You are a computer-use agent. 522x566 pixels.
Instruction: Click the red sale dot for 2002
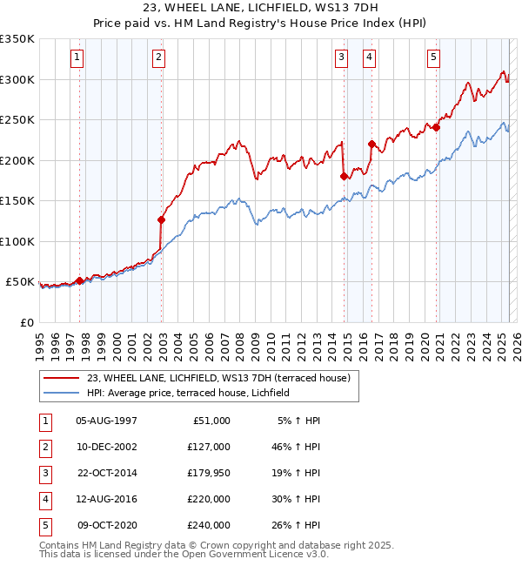click(x=161, y=219)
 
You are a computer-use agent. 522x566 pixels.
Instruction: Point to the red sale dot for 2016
click(x=371, y=145)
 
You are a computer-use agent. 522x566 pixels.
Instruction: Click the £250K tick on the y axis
click(x=17, y=120)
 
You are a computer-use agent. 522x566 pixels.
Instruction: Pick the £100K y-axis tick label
click(x=17, y=241)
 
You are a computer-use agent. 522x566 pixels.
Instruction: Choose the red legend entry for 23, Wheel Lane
click(x=218, y=378)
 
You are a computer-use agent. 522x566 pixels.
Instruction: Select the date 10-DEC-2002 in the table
click(x=107, y=447)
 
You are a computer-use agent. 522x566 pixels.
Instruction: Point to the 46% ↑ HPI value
click(x=299, y=447)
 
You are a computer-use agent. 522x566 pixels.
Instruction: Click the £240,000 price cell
click(x=210, y=525)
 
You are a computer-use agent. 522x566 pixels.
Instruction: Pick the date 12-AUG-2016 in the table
click(x=107, y=499)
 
